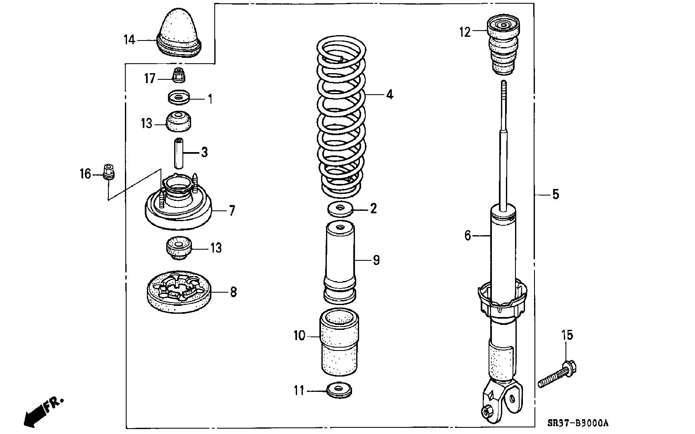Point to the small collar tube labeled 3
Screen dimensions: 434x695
(x=179, y=153)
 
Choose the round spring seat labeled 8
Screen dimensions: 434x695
(x=179, y=293)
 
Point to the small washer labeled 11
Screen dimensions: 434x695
(x=339, y=391)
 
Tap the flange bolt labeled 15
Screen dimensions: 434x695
(x=558, y=374)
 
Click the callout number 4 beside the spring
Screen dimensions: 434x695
(x=389, y=95)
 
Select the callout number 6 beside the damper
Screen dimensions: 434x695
(x=468, y=236)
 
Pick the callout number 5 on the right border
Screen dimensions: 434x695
(x=556, y=194)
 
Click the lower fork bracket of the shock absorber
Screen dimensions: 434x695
(x=502, y=399)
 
